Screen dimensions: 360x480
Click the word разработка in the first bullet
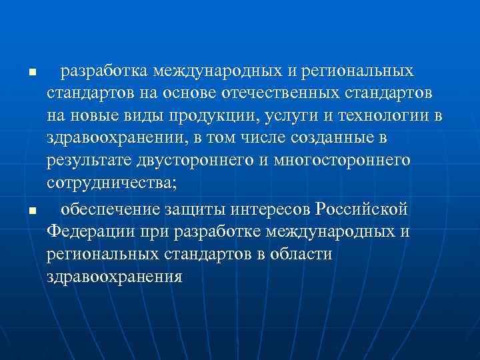103,70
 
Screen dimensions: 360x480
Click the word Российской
361,210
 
